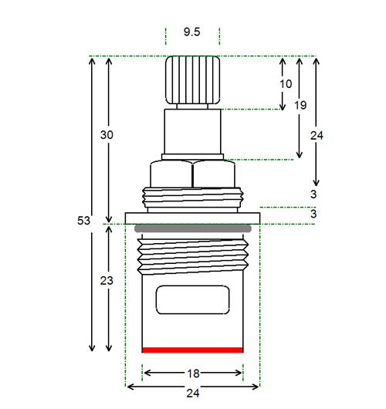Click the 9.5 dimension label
(x=191, y=32)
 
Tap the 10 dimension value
(x=286, y=84)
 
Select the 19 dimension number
(x=300, y=106)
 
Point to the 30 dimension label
(x=107, y=135)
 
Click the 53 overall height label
(x=83, y=221)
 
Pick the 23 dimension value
(x=107, y=281)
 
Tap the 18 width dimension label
(x=194, y=374)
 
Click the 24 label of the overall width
(x=193, y=393)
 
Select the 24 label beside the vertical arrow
(x=317, y=135)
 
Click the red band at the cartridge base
(x=192, y=350)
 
